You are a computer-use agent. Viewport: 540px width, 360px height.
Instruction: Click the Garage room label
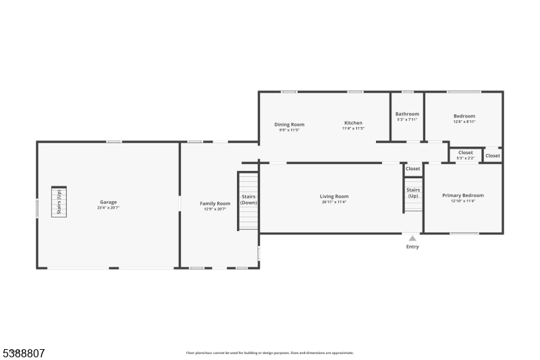pos(108,202)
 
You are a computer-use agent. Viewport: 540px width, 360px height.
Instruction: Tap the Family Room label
pos(215,203)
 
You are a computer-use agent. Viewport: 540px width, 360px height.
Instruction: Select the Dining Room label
pos(289,124)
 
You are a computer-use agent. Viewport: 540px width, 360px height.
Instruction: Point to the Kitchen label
pos(353,123)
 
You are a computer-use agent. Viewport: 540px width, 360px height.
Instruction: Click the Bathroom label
pos(407,114)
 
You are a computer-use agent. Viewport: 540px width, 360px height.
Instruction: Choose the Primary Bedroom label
pos(462,195)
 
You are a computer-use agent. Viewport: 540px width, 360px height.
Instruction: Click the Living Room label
pos(334,197)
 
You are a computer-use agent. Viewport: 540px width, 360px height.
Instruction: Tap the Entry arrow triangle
pos(412,238)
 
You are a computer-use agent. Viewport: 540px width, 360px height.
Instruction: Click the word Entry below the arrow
pos(412,247)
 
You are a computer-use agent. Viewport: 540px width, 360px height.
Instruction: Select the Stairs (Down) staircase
pos(248,200)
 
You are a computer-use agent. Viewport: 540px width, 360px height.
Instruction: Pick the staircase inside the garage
pos(59,201)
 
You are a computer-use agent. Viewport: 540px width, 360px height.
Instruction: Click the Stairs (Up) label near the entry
pos(413,192)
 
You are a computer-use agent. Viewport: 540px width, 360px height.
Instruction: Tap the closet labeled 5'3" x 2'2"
pos(465,155)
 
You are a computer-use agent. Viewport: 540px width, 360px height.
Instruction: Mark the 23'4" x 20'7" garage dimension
pos(108,208)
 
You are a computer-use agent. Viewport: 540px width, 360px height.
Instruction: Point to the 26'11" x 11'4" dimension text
pos(334,202)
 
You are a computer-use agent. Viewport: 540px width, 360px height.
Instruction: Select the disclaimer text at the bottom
pos(269,353)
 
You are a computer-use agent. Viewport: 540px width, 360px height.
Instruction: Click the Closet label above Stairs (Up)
pos(412,169)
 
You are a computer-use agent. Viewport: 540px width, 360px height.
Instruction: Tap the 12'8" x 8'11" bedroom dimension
pos(464,122)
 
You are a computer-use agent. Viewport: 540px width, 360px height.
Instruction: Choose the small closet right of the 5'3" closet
pos(493,156)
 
